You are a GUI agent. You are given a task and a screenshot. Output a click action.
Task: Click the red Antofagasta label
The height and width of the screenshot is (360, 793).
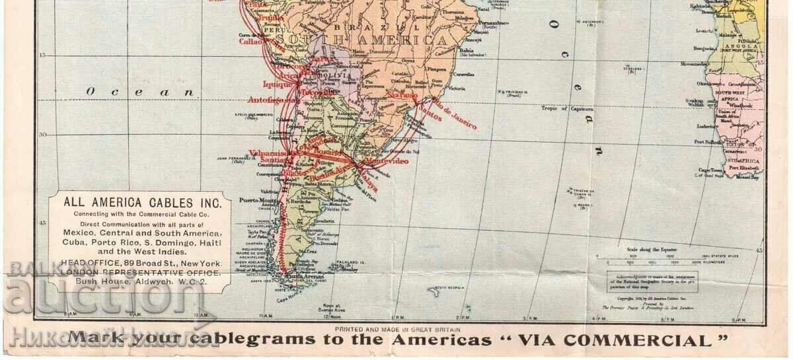point(272,101)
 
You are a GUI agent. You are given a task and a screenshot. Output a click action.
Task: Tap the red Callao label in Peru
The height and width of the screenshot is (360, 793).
point(248,40)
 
